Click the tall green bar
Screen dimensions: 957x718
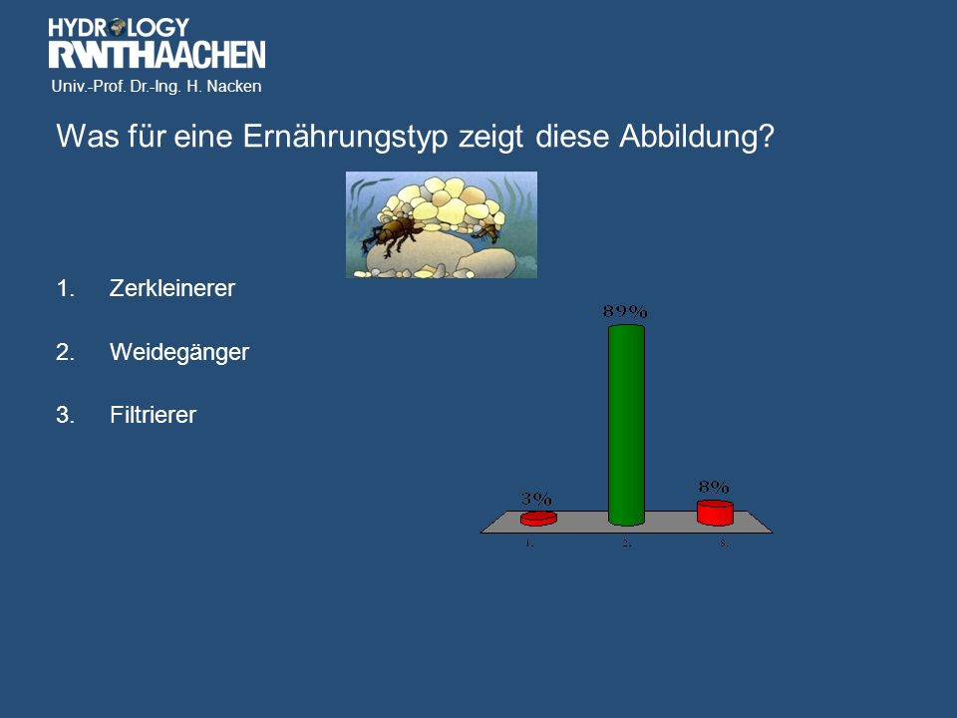click(626, 425)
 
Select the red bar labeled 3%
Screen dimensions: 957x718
click(538, 519)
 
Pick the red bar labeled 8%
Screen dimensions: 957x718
click(715, 513)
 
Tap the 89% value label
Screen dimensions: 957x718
click(625, 311)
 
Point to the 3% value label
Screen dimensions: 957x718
click(536, 499)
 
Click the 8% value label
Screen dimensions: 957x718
click(714, 487)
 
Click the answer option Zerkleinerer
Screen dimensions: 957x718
click(172, 288)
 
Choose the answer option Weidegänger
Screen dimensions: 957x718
click(179, 352)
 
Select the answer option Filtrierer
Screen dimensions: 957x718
click(154, 415)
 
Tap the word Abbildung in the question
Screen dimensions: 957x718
click(697, 137)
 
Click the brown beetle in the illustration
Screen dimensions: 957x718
click(393, 235)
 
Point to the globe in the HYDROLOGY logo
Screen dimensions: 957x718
click(118, 26)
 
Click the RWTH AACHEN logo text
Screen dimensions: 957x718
click(157, 54)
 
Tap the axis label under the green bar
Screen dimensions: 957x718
click(626, 542)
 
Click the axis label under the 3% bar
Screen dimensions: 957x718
click(529, 542)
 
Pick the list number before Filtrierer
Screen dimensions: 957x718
click(66, 415)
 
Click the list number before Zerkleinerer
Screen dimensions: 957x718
click(66, 288)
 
